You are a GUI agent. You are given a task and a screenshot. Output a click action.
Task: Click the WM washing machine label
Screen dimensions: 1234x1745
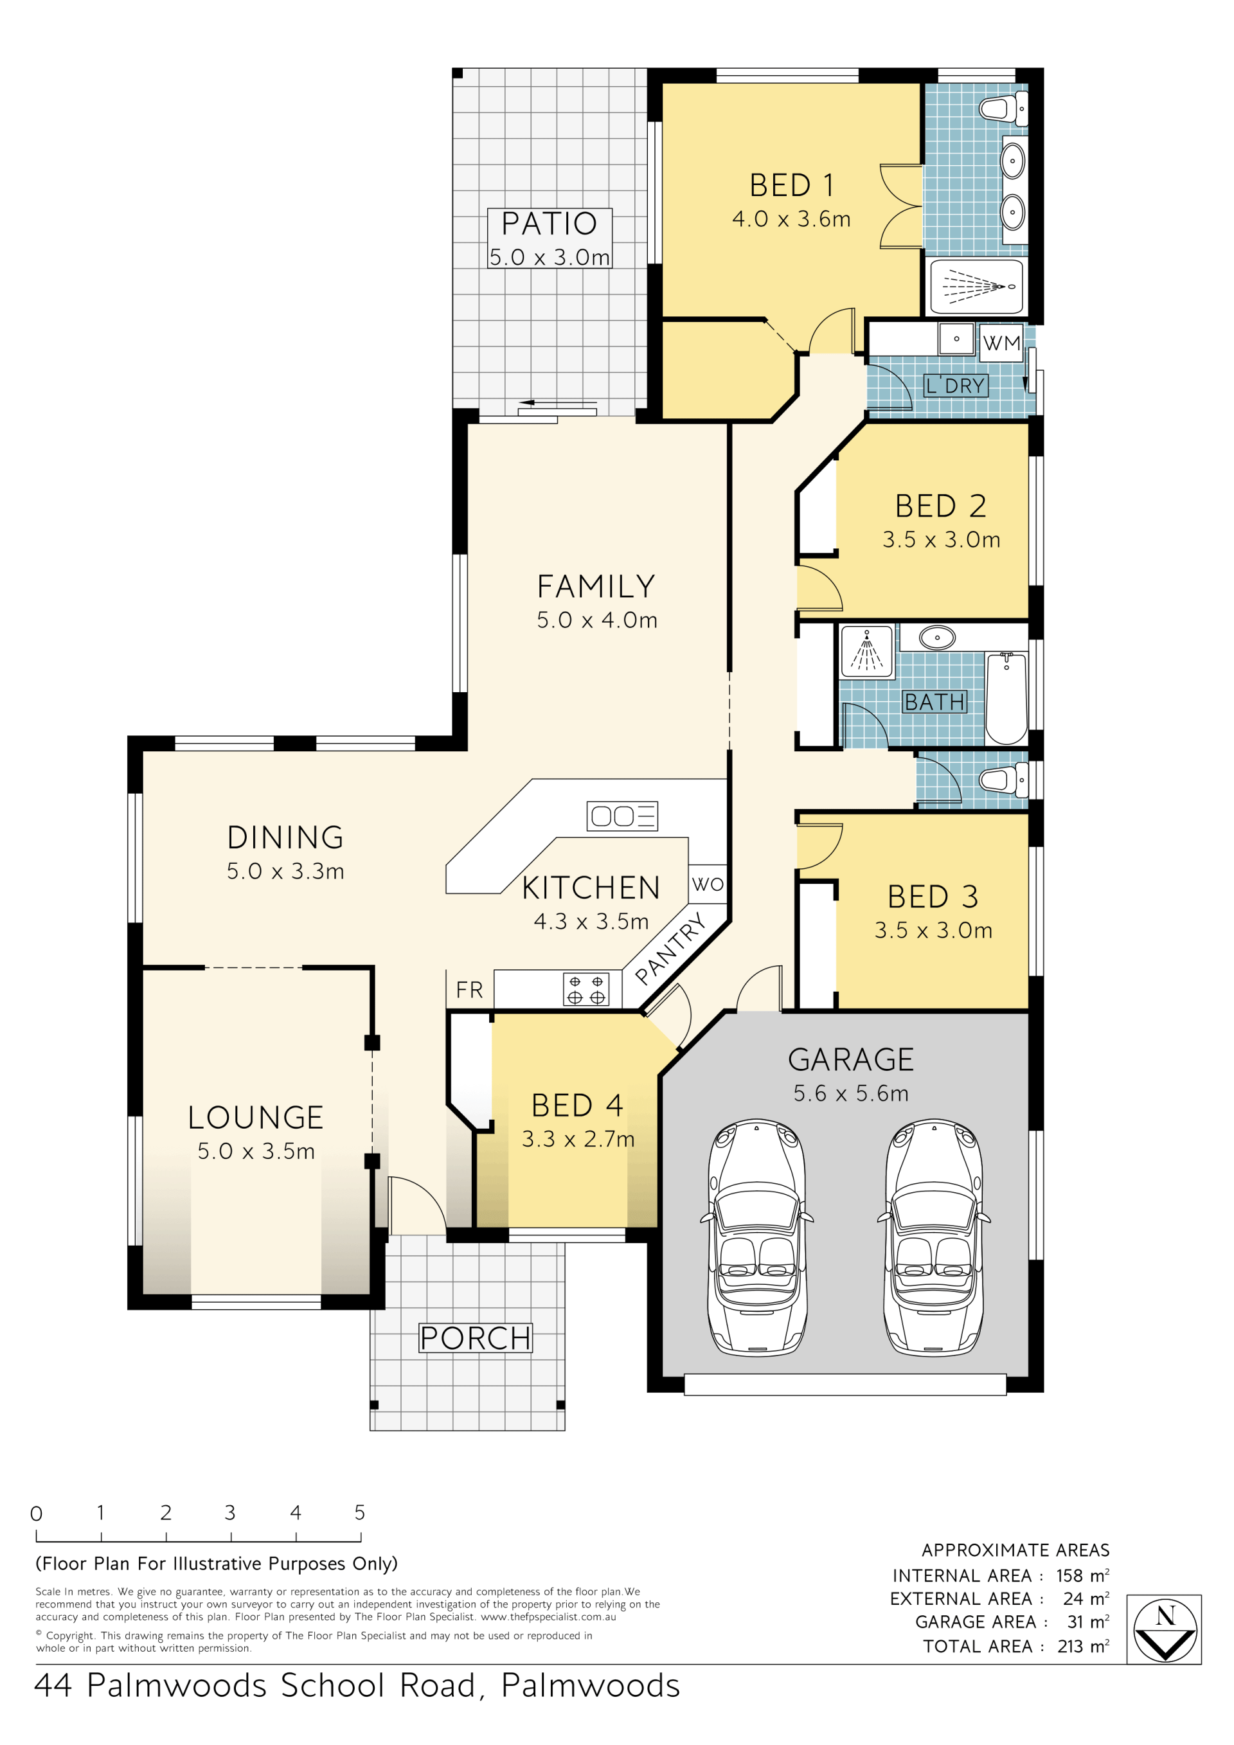click(1001, 343)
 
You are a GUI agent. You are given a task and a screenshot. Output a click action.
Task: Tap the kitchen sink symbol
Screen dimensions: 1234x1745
click(622, 816)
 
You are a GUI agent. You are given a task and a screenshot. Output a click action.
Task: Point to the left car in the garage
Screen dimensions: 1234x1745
click(757, 1238)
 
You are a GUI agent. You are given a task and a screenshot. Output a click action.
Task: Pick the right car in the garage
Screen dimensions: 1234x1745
click(934, 1238)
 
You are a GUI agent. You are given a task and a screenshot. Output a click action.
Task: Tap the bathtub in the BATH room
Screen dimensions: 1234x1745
click(1006, 699)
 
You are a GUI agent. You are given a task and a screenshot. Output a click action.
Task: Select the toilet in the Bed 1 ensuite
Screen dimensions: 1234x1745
click(1003, 108)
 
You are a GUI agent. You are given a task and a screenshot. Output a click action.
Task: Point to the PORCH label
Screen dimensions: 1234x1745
click(476, 1338)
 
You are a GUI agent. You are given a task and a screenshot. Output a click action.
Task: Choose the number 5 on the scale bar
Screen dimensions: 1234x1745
click(359, 1512)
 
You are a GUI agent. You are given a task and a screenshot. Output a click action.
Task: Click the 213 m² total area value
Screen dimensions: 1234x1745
click(1083, 1646)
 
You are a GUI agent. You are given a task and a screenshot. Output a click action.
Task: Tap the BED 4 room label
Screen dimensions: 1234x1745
click(578, 1105)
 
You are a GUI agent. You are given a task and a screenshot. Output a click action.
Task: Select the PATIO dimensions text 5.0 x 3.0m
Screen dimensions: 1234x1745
click(550, 258)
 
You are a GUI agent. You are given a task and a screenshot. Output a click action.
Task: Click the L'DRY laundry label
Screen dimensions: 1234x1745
click(956, 386)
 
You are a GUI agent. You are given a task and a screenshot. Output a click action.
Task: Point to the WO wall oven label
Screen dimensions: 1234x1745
click(708, 884)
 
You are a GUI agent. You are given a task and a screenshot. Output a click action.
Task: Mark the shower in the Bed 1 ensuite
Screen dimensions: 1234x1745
click(976, 287)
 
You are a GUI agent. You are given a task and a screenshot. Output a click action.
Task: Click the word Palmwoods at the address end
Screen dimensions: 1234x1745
click(591, 1686)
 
